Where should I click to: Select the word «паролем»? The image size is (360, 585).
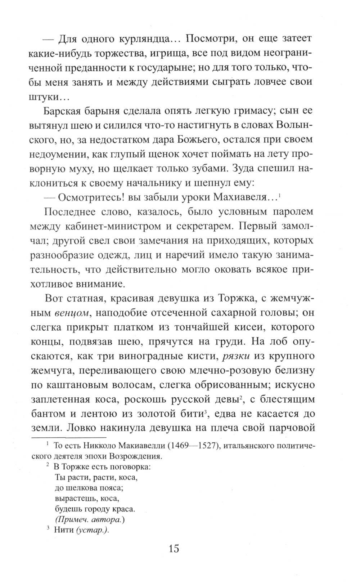click(x=290, y=212)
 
